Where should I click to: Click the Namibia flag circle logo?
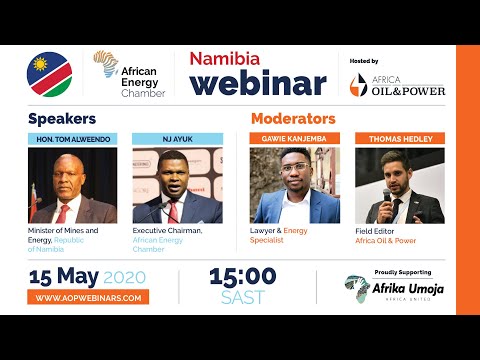coord(49,73)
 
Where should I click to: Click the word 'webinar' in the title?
coord(258,82)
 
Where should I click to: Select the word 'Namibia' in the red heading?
coord(226,57)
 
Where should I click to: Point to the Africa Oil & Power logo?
coord(397,85)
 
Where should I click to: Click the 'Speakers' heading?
coord(62,118)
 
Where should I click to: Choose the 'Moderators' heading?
coord(293,118)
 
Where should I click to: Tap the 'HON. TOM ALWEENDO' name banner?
coord(72,138)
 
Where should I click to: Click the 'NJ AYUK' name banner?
coord(177,138)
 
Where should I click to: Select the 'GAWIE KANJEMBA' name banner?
coord(294,138)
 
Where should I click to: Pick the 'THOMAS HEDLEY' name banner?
coord(399,138)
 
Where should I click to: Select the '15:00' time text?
coord(243,276)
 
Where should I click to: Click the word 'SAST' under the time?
coord(243,297)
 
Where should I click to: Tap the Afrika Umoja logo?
coord(397,289)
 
